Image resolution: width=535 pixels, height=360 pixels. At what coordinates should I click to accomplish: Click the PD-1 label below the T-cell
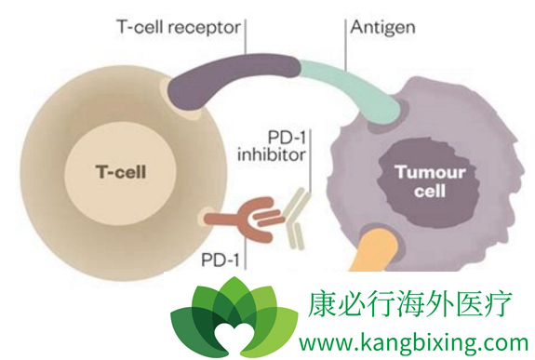216,254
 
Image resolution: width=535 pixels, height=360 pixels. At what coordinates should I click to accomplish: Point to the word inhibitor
269,156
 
